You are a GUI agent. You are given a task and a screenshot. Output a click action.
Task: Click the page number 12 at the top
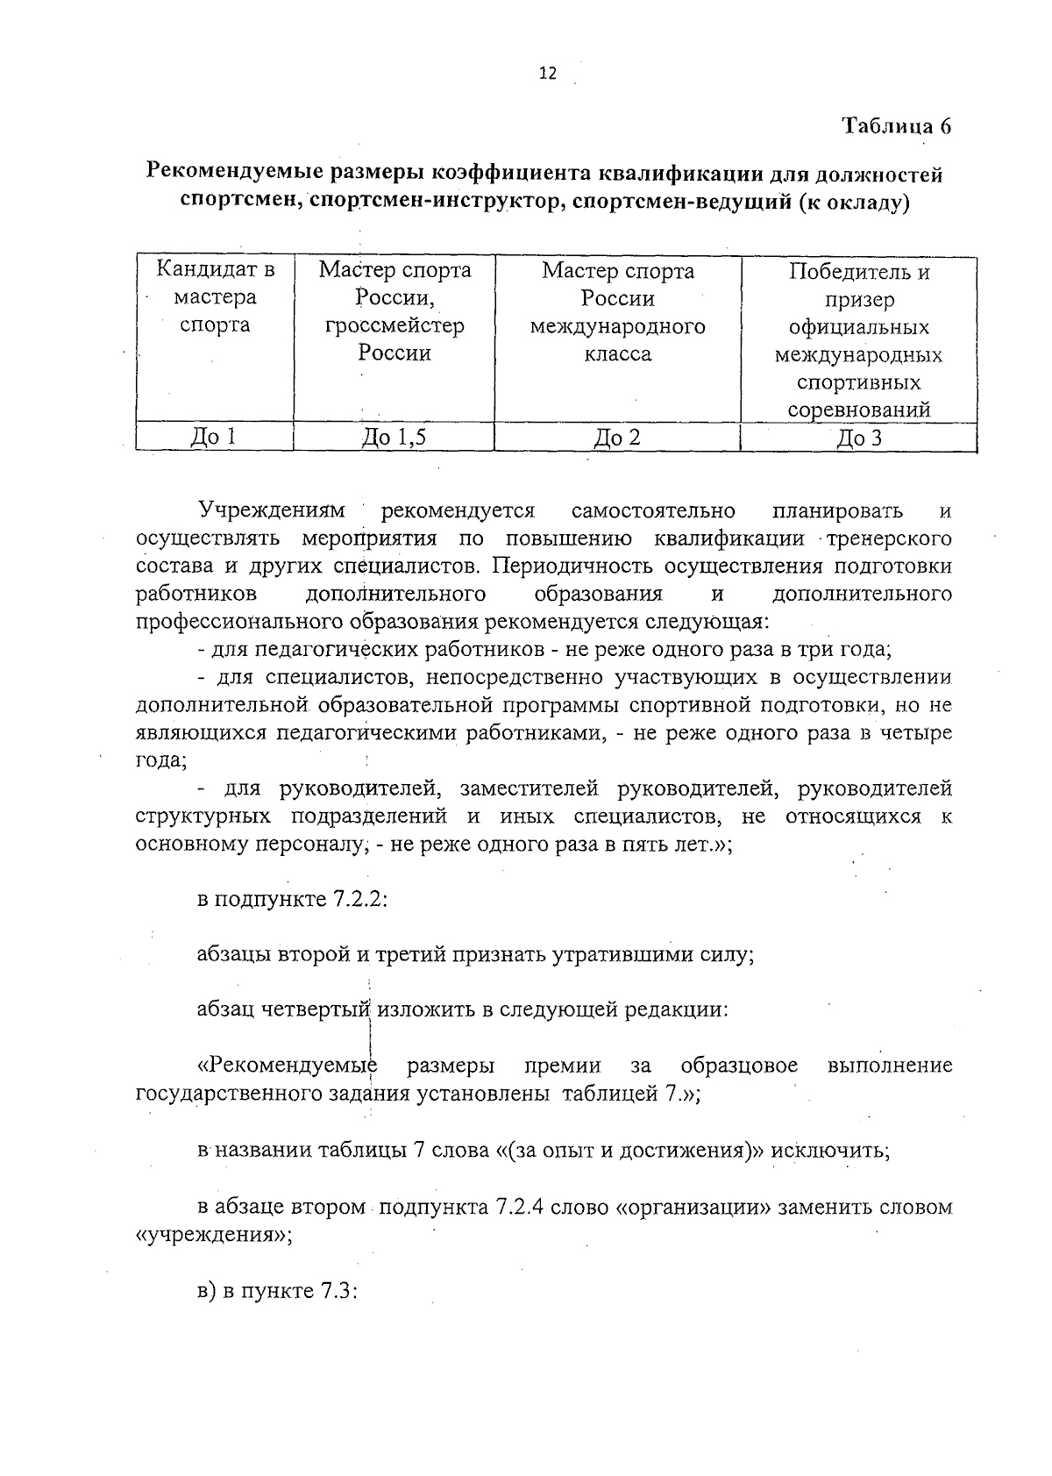(x=546, y=74)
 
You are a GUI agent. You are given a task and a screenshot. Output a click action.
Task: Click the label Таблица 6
(x=897, y=125)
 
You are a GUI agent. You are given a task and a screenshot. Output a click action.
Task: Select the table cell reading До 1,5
(x=394, y=437)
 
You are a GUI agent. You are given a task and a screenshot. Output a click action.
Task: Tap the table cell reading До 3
(x=858, y=438)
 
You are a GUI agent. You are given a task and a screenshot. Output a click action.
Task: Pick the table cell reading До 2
(x=617, y=437)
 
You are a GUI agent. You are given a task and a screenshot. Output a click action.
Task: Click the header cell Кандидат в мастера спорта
(x=215, y=297)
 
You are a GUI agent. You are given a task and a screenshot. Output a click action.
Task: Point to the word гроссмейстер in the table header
(x=394, y=326)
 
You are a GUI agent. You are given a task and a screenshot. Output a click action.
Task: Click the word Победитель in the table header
(x=858, y=272)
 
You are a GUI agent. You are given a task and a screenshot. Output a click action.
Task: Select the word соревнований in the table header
(x=858, y=410)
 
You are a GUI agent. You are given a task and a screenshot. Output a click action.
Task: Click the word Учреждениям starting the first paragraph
(x=272, y=510)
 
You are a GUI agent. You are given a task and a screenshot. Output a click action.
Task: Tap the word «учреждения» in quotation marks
(x=210, y=1235)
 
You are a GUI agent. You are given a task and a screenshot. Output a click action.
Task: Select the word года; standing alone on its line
(x=160, y=760)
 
